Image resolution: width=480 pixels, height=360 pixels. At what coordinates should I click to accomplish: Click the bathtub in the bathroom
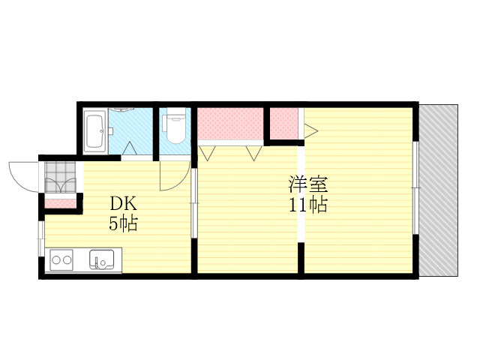(x=94, y=130)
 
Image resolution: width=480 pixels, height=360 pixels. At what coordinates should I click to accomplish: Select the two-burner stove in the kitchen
(x=61, y=261)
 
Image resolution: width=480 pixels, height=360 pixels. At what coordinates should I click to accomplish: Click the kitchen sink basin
(x=101, y=261)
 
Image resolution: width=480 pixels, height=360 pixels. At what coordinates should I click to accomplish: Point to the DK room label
(x=123, y=203)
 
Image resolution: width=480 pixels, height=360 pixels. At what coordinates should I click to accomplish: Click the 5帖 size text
(x=123, y=223)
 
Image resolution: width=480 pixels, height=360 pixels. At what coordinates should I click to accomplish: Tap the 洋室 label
(x=308, y=184)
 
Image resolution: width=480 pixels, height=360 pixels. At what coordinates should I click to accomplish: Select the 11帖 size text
(x=308, y=205)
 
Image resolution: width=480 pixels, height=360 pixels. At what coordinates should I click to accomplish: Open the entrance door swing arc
(x=22, y=175)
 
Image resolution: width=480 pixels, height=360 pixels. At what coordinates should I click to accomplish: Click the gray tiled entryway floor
(x=60, y=178)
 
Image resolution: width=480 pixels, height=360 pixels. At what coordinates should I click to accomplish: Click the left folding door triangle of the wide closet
(x=208, y=153)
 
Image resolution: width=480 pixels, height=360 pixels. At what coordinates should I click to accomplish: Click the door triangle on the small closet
(x=309, y=130)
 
